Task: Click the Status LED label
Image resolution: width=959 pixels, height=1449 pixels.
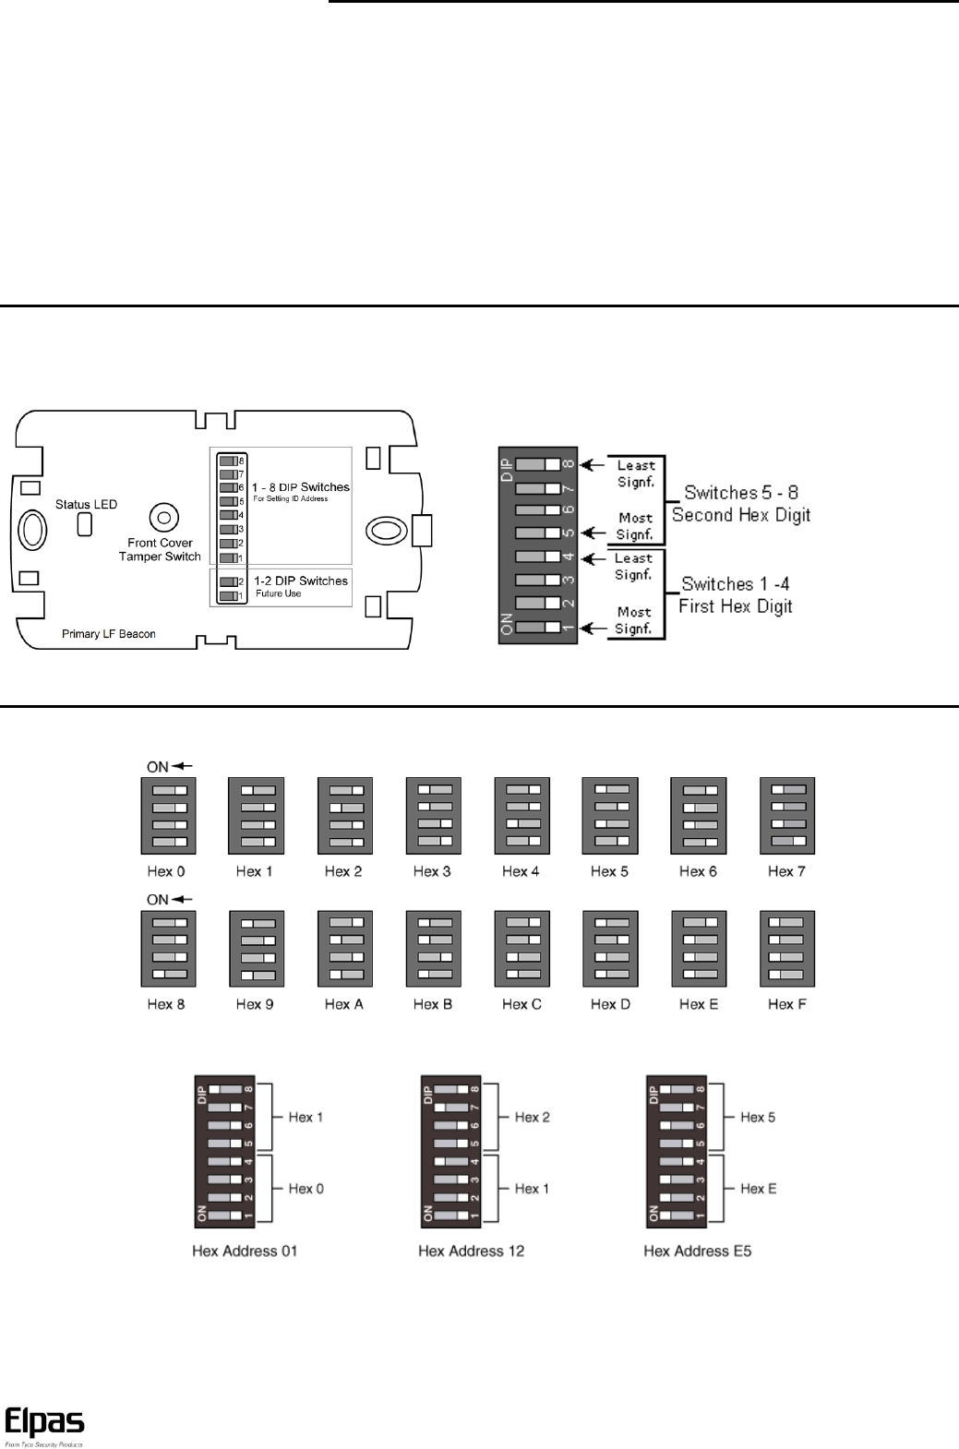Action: (x=86, y=505)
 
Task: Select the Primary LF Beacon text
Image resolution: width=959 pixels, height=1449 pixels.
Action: (x=108, y=634)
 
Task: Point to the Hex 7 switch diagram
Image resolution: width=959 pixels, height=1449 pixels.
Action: (x=787, y=815)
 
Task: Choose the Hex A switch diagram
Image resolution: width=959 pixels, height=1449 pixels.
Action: (x=344, y=948)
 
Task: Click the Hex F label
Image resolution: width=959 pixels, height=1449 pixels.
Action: (x=787, y=1004)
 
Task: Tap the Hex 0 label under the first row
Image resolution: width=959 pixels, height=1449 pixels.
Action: (x=166, y=871)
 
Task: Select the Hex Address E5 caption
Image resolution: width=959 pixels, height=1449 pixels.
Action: (x=698, y=1251)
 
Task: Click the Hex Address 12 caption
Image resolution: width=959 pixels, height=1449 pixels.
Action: (x=472, y=1251)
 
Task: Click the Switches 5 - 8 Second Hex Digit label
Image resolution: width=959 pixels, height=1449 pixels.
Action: (x=741, y=504)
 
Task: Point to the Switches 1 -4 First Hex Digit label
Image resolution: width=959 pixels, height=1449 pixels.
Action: (x=736, y=595)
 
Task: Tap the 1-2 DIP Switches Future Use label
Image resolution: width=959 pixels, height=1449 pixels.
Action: (x=300, y=586)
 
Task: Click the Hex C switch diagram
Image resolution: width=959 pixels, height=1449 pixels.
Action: (x=521, y=948)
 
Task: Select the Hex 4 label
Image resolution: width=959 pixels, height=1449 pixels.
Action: (x=521, y=871)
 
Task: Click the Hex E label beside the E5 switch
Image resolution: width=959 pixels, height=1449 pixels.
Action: (x=758, y=1189)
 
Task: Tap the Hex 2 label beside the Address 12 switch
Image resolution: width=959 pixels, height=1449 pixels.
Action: (x=532, y=1117)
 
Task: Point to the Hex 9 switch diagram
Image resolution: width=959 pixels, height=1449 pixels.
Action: (x=256, y=948)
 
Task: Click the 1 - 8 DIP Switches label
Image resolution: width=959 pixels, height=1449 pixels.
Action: (x=300, y=487)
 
